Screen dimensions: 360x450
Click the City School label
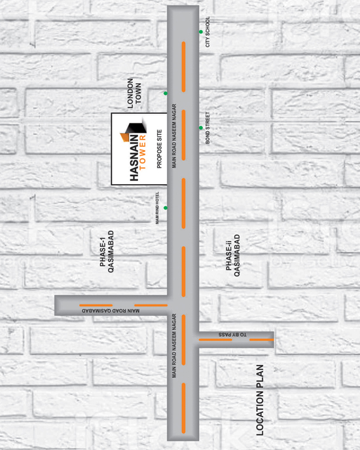[207, 32]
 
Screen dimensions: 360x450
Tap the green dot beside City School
[201, 32]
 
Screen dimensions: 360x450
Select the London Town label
[134, 93]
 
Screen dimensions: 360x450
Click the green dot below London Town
[166, 93]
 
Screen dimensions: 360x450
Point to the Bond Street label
[207, 128]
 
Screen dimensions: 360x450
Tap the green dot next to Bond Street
[201, 128]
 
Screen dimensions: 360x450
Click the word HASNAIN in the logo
[134, 158]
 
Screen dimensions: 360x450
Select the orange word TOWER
[143, 152]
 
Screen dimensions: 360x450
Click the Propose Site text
[159, 149]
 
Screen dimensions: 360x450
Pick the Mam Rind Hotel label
[157, 208]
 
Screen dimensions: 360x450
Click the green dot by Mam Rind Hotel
[166, 208]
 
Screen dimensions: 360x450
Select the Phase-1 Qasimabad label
[107, 252]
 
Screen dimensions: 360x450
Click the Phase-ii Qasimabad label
[232, 255]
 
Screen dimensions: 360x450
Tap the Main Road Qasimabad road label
[111, 311]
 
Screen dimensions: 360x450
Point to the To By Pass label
[232, 335]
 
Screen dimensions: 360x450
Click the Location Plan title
[260, 400]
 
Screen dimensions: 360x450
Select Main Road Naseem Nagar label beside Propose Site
[174, 136]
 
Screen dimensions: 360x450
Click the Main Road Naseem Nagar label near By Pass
[174, 346]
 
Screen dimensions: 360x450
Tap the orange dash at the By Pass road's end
[261, 340]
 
